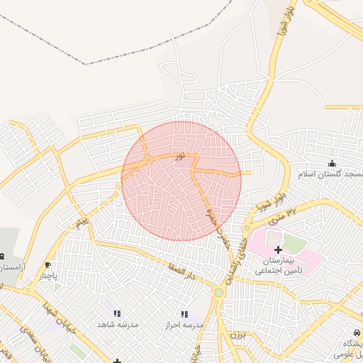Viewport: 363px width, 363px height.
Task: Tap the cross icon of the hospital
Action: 278,250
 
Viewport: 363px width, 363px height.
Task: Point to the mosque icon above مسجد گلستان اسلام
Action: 332,164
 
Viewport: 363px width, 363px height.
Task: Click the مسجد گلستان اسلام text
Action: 328,174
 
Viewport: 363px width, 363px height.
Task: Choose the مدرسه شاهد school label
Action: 118,324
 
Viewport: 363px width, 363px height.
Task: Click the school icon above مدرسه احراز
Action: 184,314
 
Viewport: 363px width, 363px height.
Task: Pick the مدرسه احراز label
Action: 184,324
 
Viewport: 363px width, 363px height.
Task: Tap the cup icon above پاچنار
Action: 48,264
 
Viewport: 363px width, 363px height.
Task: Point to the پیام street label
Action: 84,223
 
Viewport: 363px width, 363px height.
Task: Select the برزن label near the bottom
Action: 235,333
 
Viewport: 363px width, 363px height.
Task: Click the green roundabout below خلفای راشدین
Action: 219,292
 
